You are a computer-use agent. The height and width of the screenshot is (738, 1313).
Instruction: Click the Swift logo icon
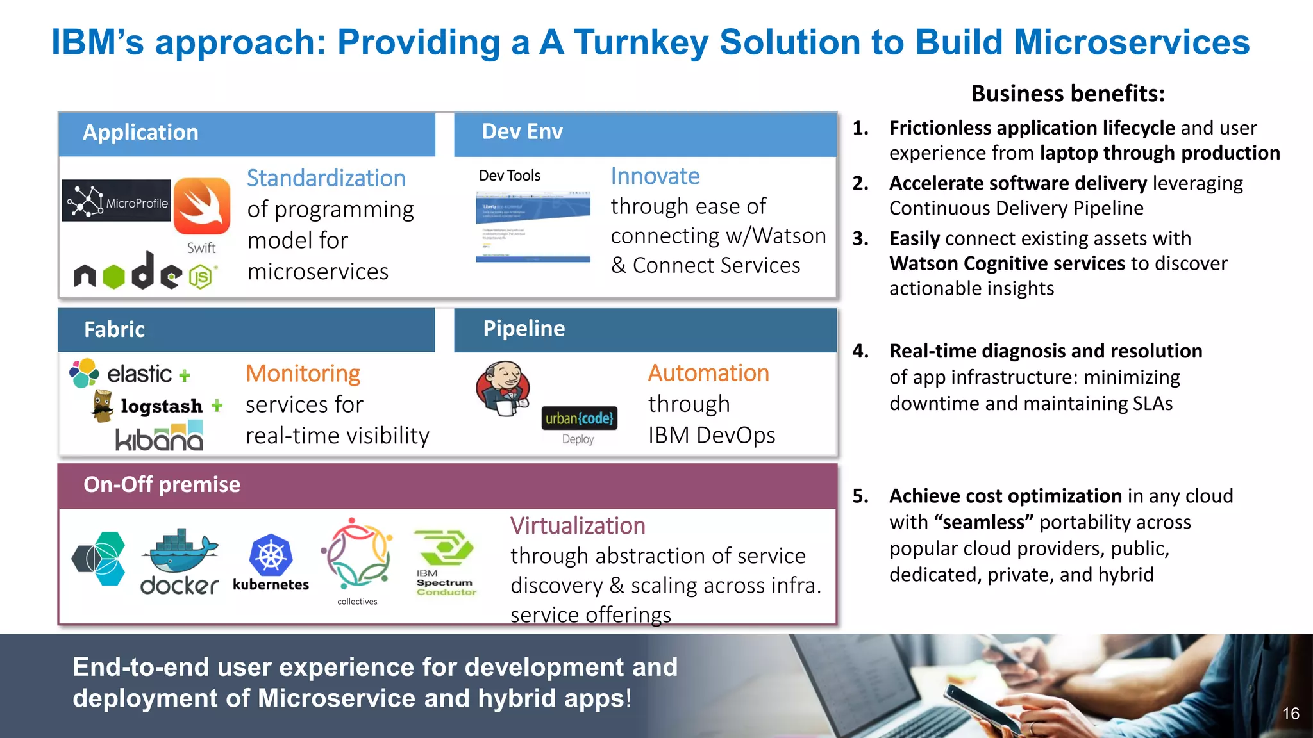(x=202, y=206)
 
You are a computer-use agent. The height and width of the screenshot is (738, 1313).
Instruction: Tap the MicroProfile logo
(x=117, y=201)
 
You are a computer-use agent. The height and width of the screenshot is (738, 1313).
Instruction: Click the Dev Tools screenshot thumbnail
(x=533, y=225)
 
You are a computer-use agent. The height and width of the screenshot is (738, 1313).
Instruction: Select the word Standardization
(x=326, y=178)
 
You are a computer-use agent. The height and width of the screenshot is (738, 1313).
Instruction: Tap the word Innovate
(x=655, y=176)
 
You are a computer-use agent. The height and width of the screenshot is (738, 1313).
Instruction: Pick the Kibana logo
(x=160, y=437)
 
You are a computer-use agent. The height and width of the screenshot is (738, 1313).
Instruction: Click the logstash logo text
(x=162, y=406)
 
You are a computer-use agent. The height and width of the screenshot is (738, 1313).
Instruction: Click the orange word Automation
(x=708, y=373)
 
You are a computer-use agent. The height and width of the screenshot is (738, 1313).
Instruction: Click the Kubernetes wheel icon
(x=271, y=554)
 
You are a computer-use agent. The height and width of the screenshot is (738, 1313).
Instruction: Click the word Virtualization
(x=578, y=526)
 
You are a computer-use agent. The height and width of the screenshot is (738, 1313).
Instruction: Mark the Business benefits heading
(x=1067, y=94)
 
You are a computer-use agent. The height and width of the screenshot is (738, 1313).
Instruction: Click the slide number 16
(x=1290, y=714)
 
